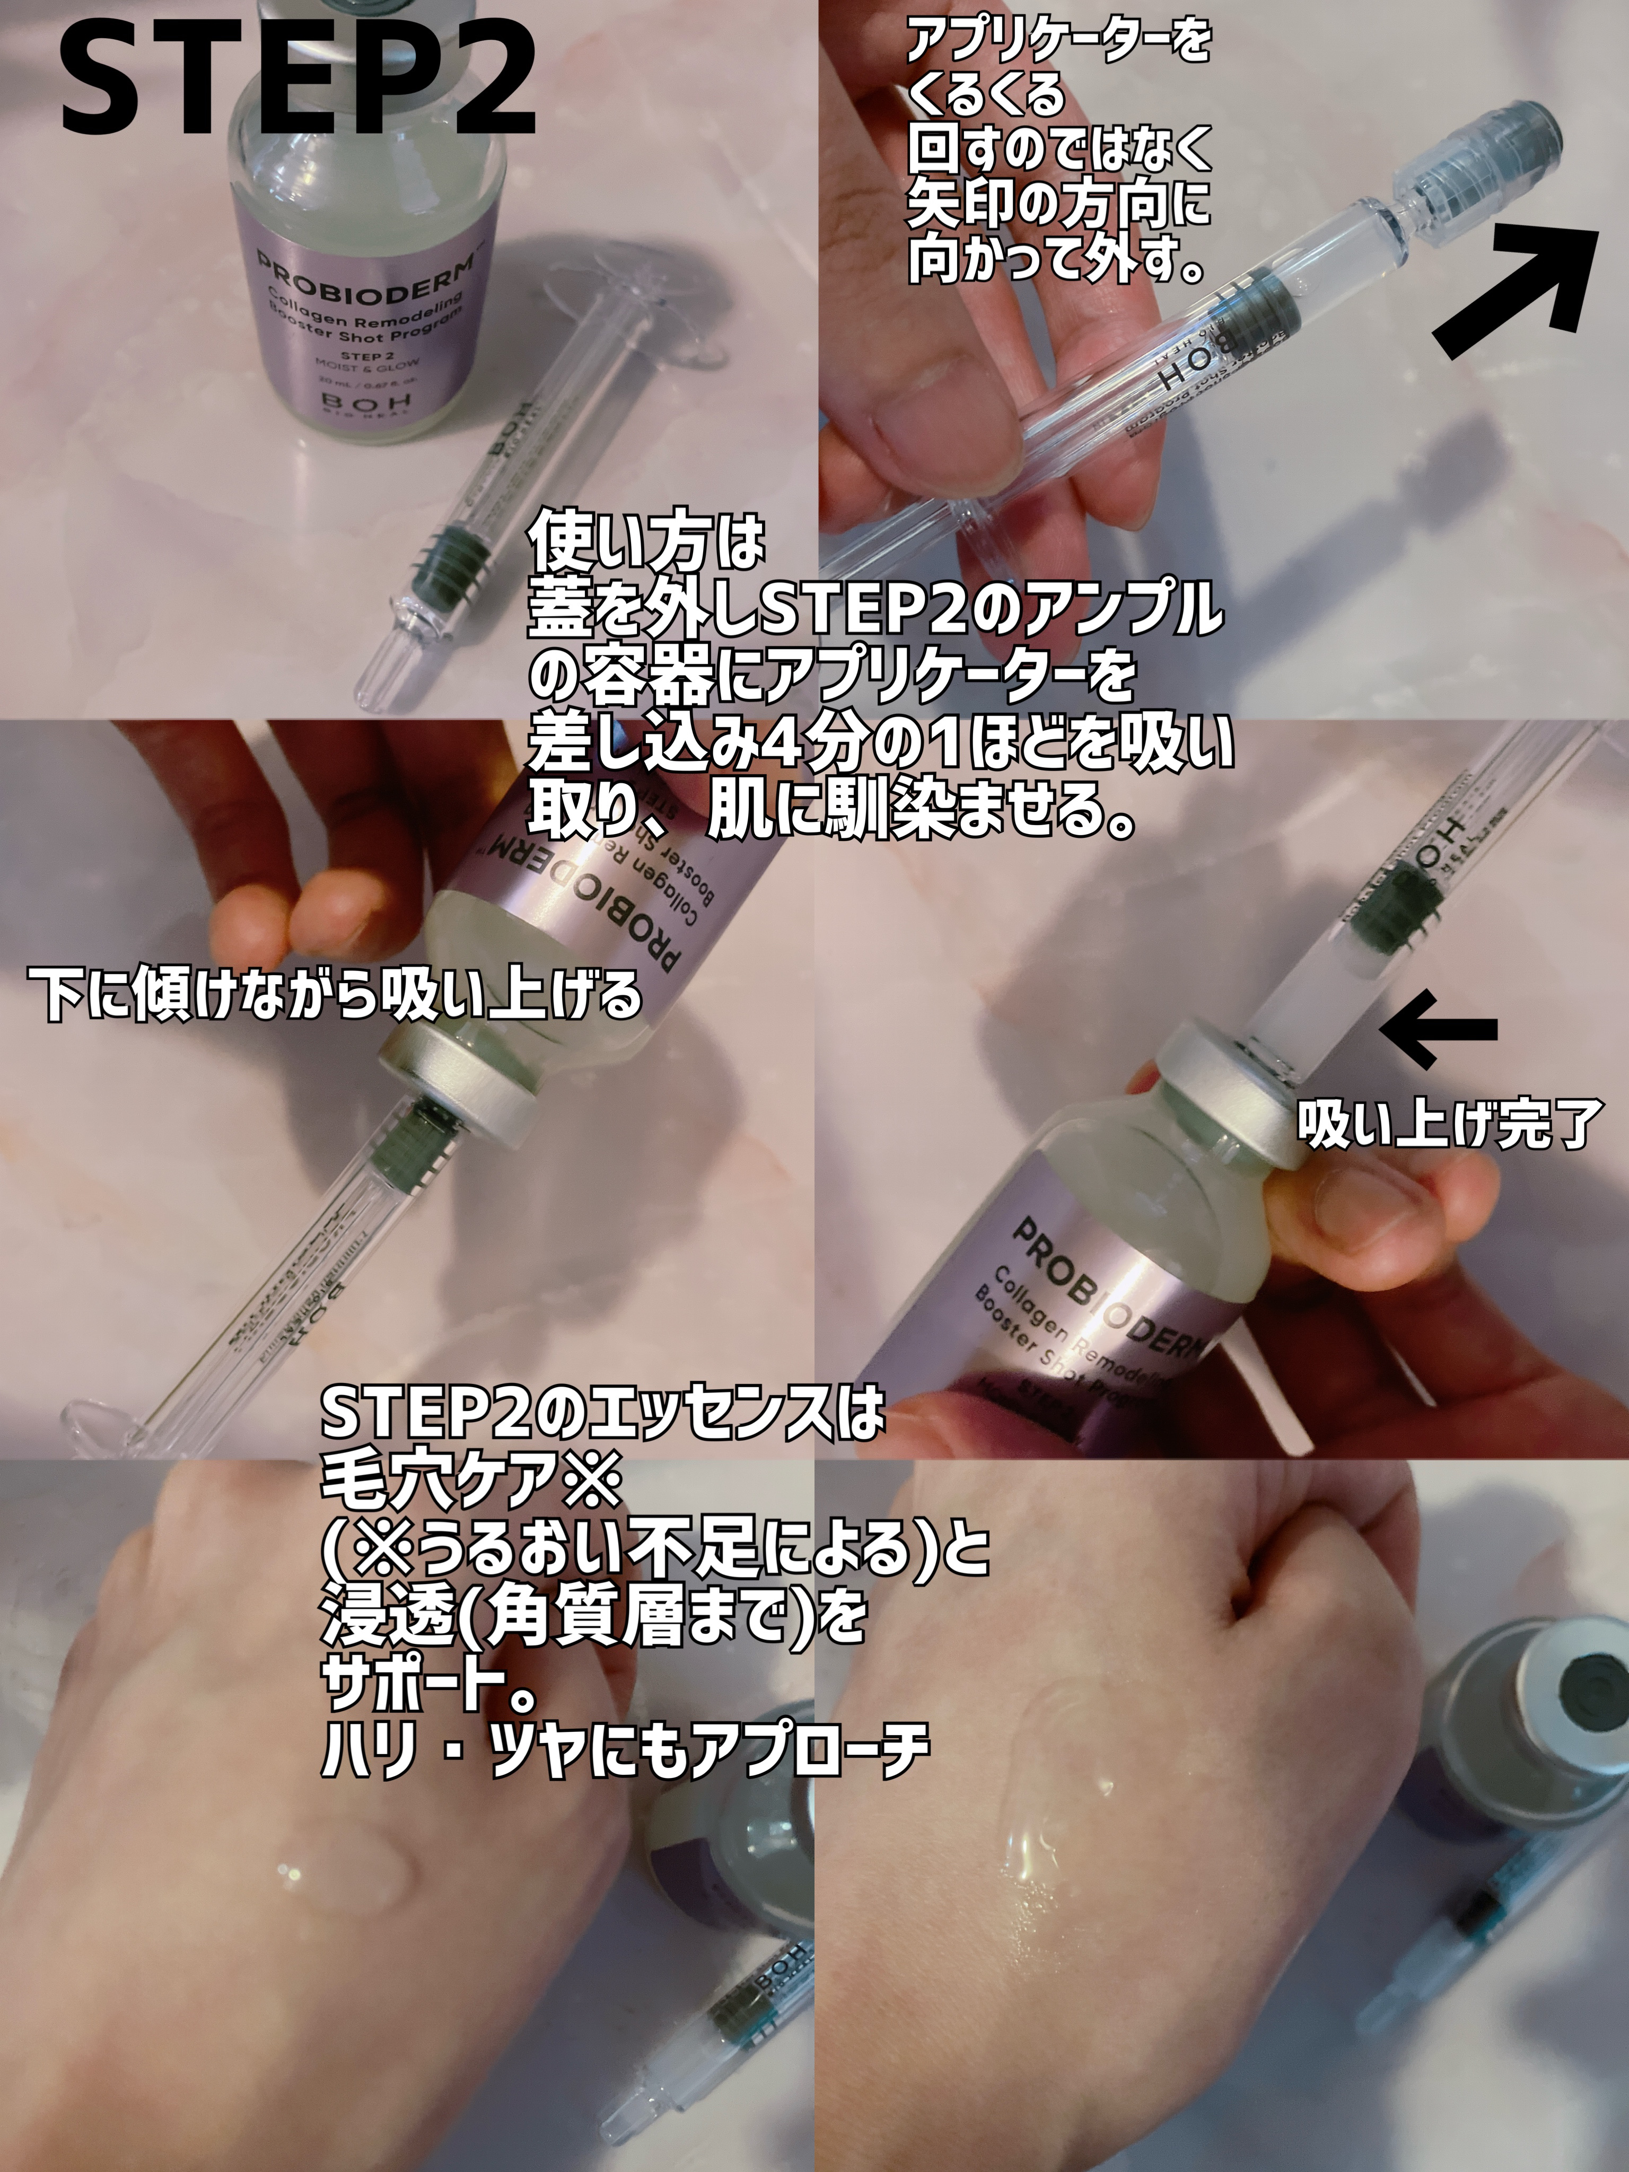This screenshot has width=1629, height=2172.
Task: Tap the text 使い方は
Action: pyautogui.click(x=646, y=545)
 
